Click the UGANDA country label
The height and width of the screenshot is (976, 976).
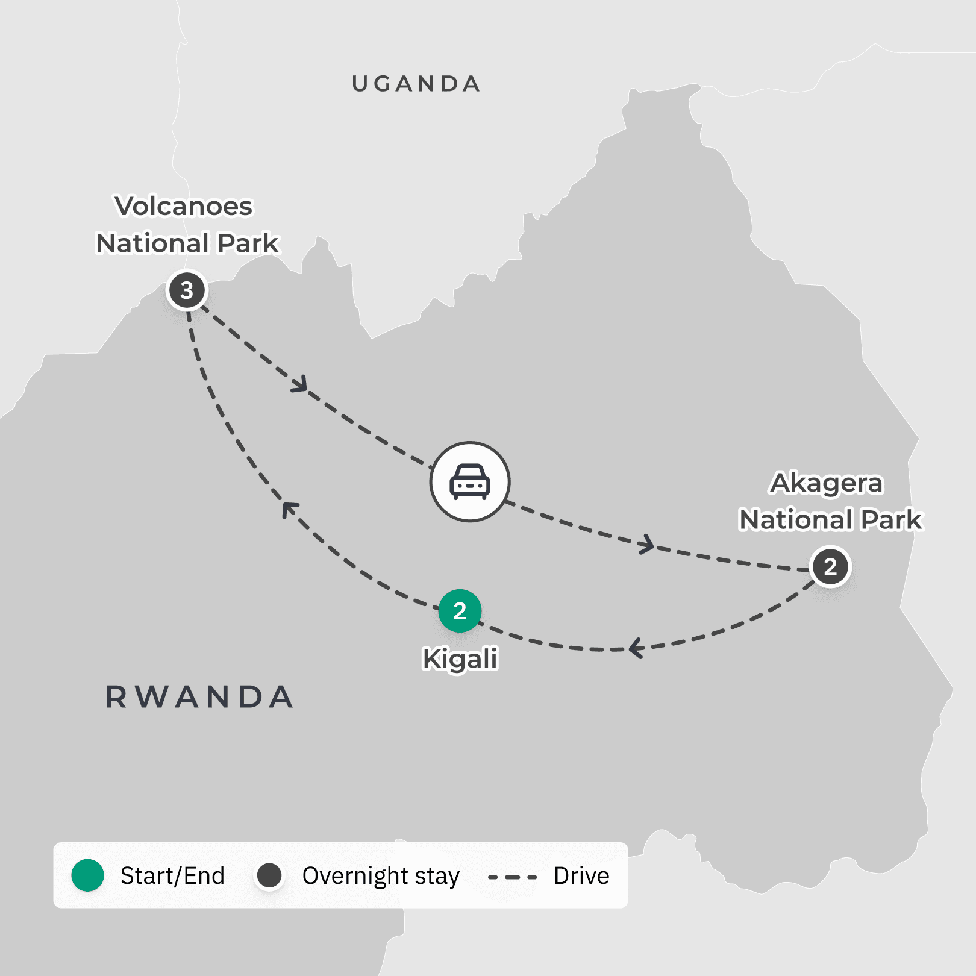(x=416, y=84)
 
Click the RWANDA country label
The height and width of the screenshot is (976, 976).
(x=199, y=697)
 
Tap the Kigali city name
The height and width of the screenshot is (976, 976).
(x=460, y=658)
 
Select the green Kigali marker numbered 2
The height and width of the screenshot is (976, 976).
(x=460, y=611)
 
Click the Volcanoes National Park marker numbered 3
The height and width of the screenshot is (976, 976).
(x=187, y=290)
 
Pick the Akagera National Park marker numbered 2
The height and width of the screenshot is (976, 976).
(x=830, y=566)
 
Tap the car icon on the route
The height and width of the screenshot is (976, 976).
(x=470, y=481)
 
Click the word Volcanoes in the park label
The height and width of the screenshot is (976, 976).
(x=184, y=206)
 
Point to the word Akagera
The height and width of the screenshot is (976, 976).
(x=827, y=483)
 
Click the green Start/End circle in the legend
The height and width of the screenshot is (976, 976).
(x=88, y=875)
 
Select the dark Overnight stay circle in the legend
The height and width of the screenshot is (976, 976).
(x=269, y=875)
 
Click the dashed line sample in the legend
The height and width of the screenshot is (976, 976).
(x=512, y=877)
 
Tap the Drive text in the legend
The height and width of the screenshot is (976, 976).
(x=581, y=875)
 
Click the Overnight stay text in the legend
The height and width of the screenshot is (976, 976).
(x=381, y=876)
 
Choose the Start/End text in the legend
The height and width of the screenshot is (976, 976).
(x=172, y=875)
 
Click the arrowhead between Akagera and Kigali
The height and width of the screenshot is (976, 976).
(x=635, y=649)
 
